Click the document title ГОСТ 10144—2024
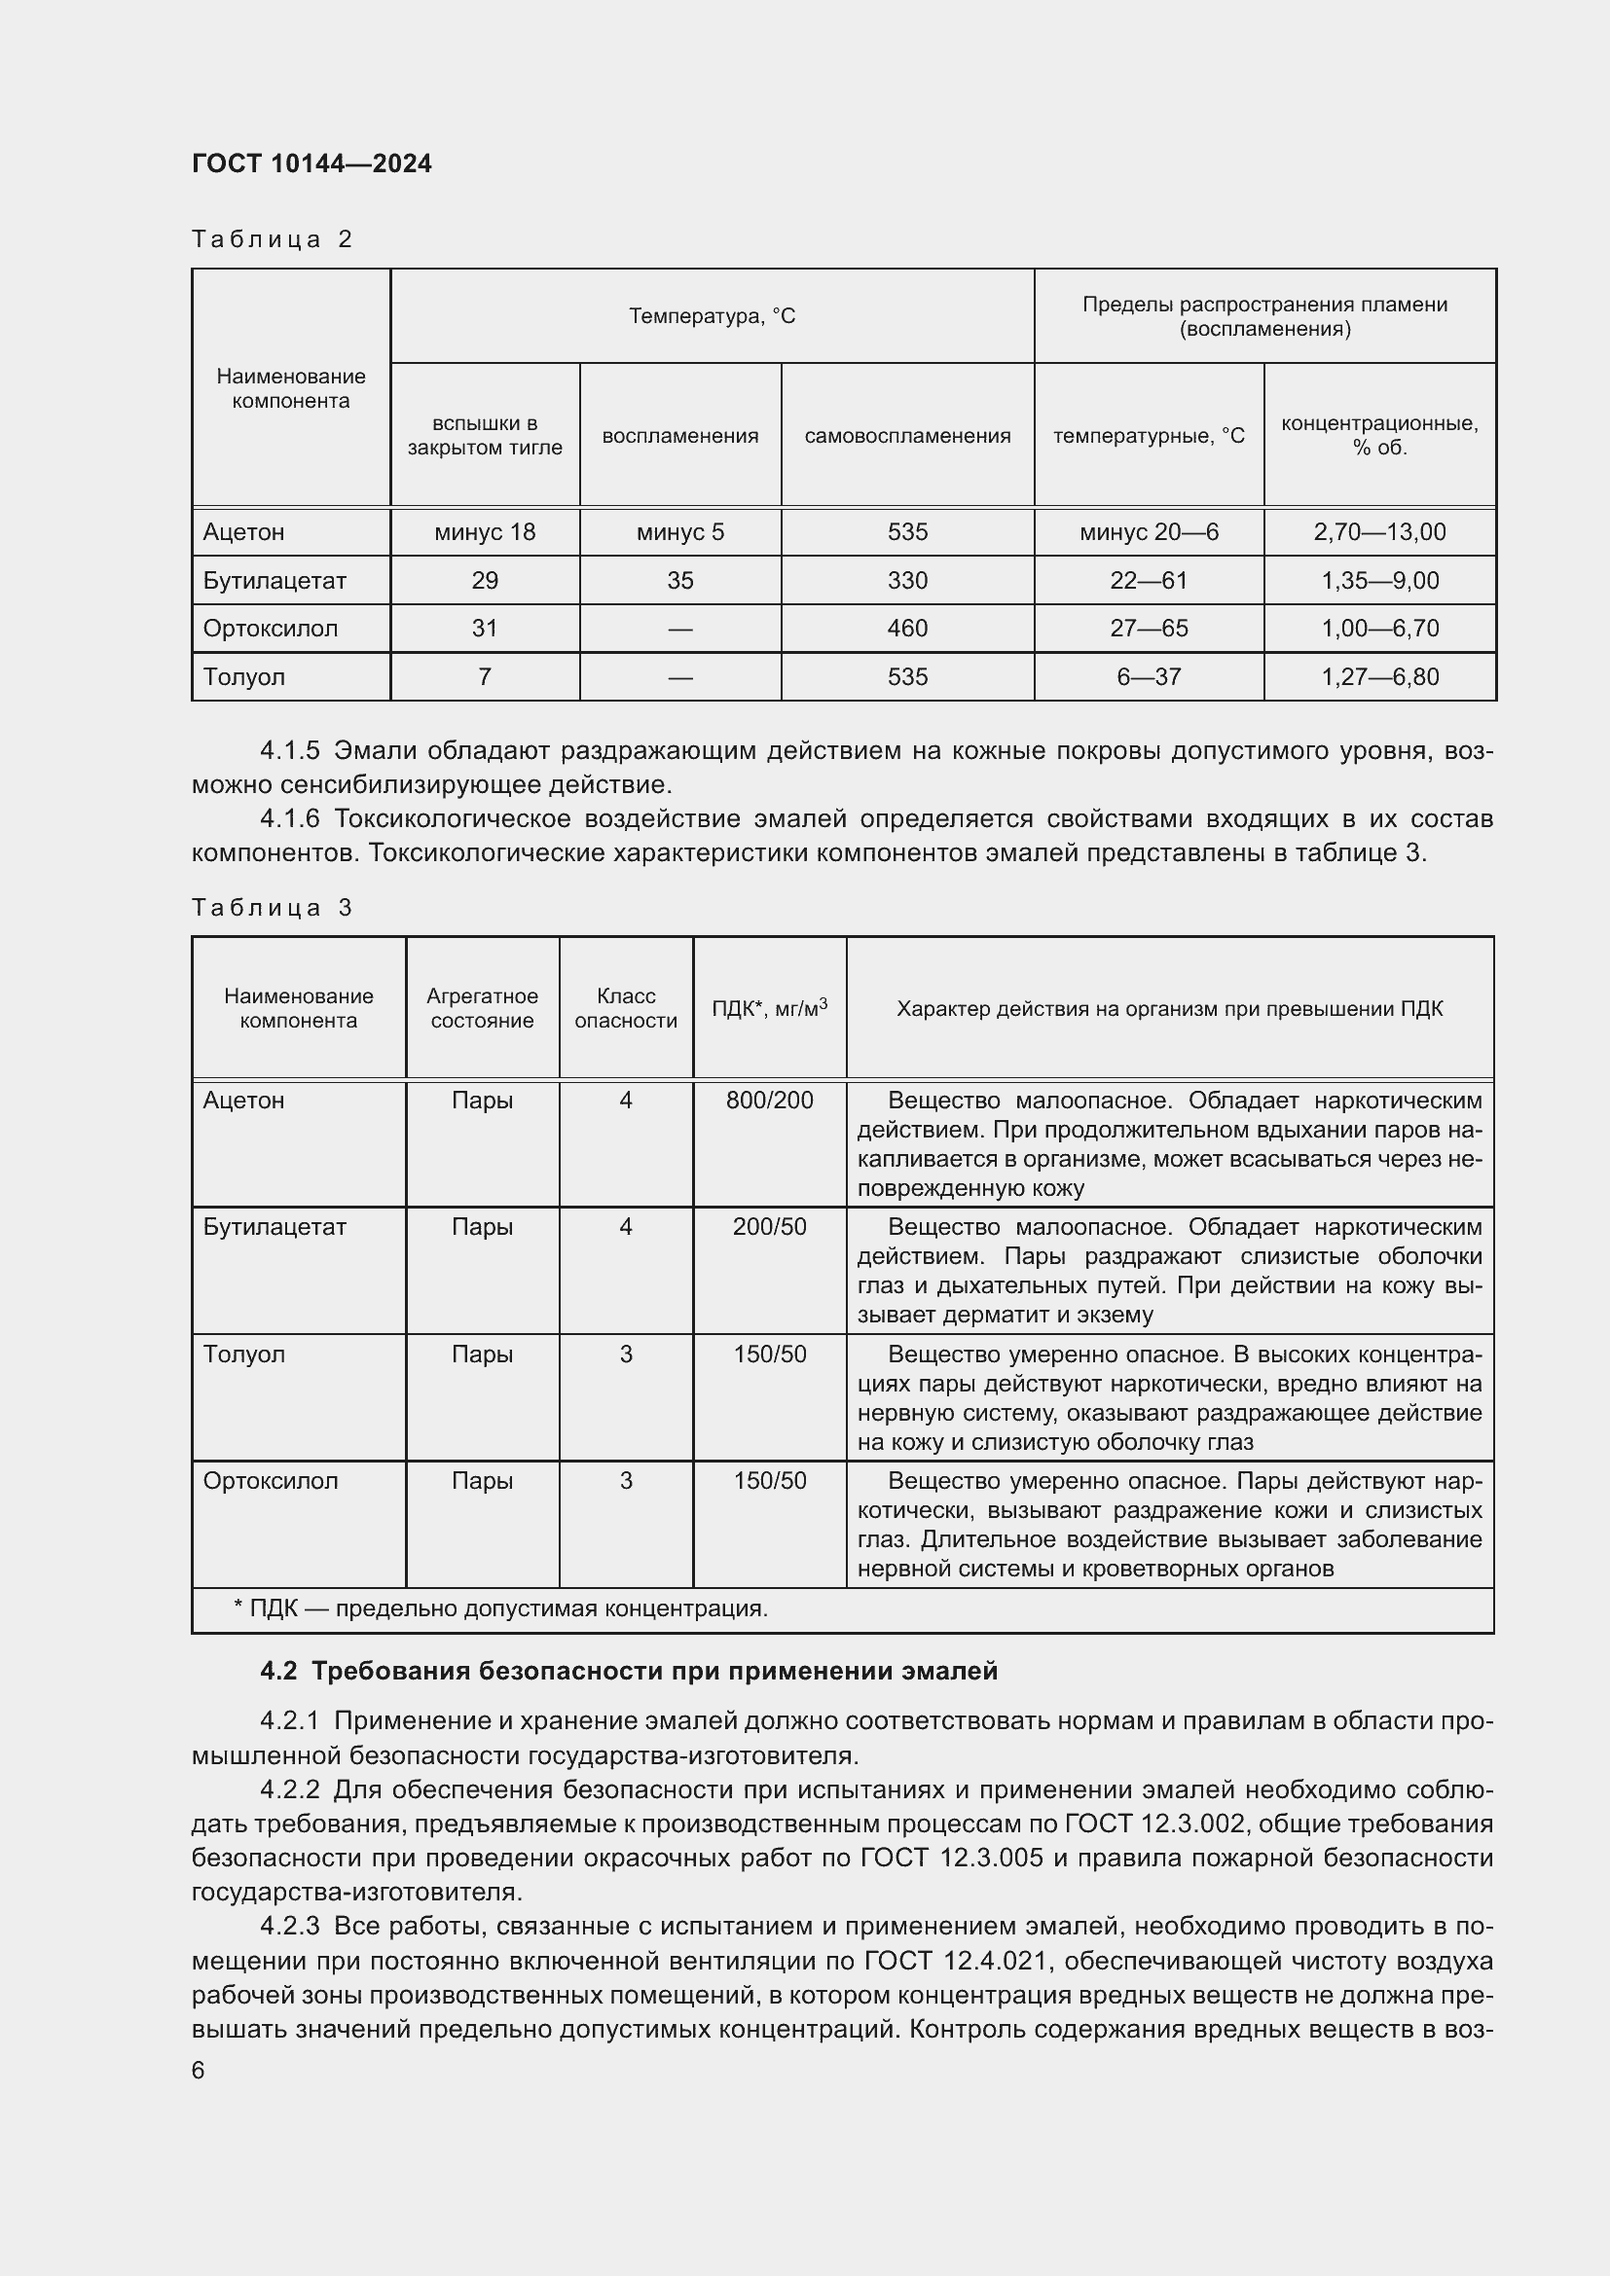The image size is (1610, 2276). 311,163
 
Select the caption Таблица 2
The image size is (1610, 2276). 272,239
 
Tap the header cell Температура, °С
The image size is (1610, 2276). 711,316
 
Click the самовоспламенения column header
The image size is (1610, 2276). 906,436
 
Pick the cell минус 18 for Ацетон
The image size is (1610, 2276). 484,532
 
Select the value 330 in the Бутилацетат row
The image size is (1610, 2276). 906,581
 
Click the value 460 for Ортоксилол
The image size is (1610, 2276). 906,629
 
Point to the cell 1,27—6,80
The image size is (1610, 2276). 1379,677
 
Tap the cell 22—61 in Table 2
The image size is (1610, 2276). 1148,581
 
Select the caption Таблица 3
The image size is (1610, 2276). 272,908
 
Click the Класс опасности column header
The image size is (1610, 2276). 626,1008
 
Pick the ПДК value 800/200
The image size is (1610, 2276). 769,1101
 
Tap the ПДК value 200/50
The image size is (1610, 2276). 769,1227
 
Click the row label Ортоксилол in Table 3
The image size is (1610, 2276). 270,1481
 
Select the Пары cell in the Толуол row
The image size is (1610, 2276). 482,1355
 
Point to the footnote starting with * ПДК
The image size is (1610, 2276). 499,1608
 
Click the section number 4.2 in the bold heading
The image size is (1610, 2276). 277,1672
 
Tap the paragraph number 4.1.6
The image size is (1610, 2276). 289,818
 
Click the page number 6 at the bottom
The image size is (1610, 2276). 199,2071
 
